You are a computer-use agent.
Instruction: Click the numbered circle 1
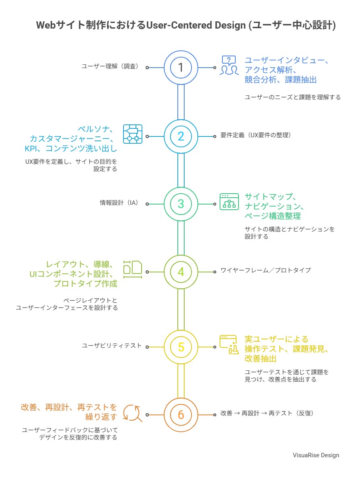181,68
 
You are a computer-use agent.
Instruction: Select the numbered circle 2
181,136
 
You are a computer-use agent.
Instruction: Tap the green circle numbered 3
181,204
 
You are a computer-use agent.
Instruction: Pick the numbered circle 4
181,272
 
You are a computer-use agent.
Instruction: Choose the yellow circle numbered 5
181,347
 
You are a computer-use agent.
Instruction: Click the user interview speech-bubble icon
229,65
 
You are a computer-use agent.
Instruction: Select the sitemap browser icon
229,202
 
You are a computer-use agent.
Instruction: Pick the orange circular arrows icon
133,413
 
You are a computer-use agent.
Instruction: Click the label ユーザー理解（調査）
110,67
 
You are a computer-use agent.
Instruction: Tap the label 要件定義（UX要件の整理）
255,135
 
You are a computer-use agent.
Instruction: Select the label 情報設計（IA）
119,203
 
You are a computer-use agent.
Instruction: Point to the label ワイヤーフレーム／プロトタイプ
265,270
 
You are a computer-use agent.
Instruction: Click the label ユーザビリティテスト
112,345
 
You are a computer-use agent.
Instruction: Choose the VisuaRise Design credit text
316,455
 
